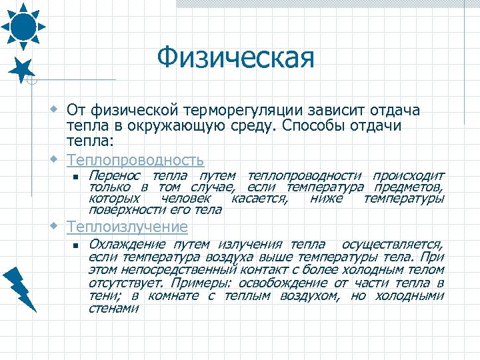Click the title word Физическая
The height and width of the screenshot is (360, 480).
(235, 58)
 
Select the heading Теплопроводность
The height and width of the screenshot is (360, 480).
(135, 160)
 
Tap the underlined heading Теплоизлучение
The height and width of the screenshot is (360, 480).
(127, 227)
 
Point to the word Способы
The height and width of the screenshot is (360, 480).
(315, 125)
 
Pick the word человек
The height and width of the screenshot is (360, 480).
(186, 199)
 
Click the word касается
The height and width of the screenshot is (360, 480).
(259, 199)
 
